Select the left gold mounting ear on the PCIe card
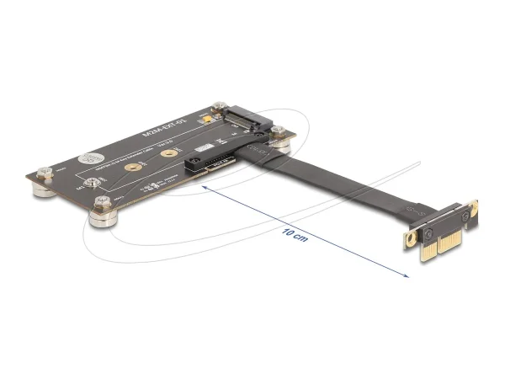coord(410,238)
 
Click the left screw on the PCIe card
coord(429,228)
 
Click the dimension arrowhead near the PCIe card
coord(405,275)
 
